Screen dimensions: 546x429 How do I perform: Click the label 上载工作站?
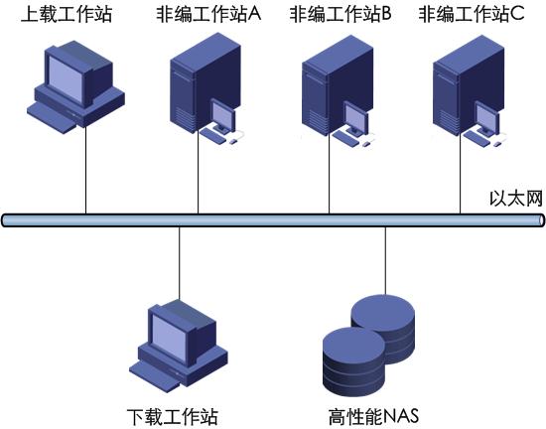pyautogui.click(x=67, y=15)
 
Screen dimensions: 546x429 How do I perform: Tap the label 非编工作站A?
pyautogui.click(x=208, y=15)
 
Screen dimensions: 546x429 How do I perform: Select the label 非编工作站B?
pyautogui.click(x=341, y=15)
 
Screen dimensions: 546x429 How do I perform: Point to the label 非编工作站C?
pyautogui.click(x=472, y=15)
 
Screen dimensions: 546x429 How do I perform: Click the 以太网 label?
pyautogui.click(x=516, y=199)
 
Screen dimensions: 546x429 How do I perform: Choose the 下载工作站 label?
pyautogui.click(x=173, y=416)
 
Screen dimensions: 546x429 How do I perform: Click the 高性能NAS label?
pyautogui.click(x=373, y=416)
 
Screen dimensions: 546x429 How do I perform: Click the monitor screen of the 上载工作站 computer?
pyautogui.click(x=66, y=78)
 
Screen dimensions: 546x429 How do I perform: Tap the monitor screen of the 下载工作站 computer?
pyautogui.click(x=169, y=337)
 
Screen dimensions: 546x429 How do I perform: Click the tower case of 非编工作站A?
pyautogui.click(x=205, y=81)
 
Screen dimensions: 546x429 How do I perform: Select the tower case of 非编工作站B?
pyautogui.click(x=337, y=83)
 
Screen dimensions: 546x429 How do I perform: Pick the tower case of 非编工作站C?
pyautogui.click(x=468, y=83)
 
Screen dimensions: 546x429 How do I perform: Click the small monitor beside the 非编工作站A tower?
pyautogui.click(x=222, y=116)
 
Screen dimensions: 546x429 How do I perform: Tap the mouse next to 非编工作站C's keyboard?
pyautogui.click(x=496, y=144)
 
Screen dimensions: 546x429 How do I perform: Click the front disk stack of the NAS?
pyautogui.click(x=354, y=362)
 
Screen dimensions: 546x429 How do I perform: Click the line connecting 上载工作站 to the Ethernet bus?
pyautogui.click(x=85, y=170)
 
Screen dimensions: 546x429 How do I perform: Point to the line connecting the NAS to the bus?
pyautogui.click(x=385, y=261)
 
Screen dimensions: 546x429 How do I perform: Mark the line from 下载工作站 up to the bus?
pyautogui.click(x=180, y=263)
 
